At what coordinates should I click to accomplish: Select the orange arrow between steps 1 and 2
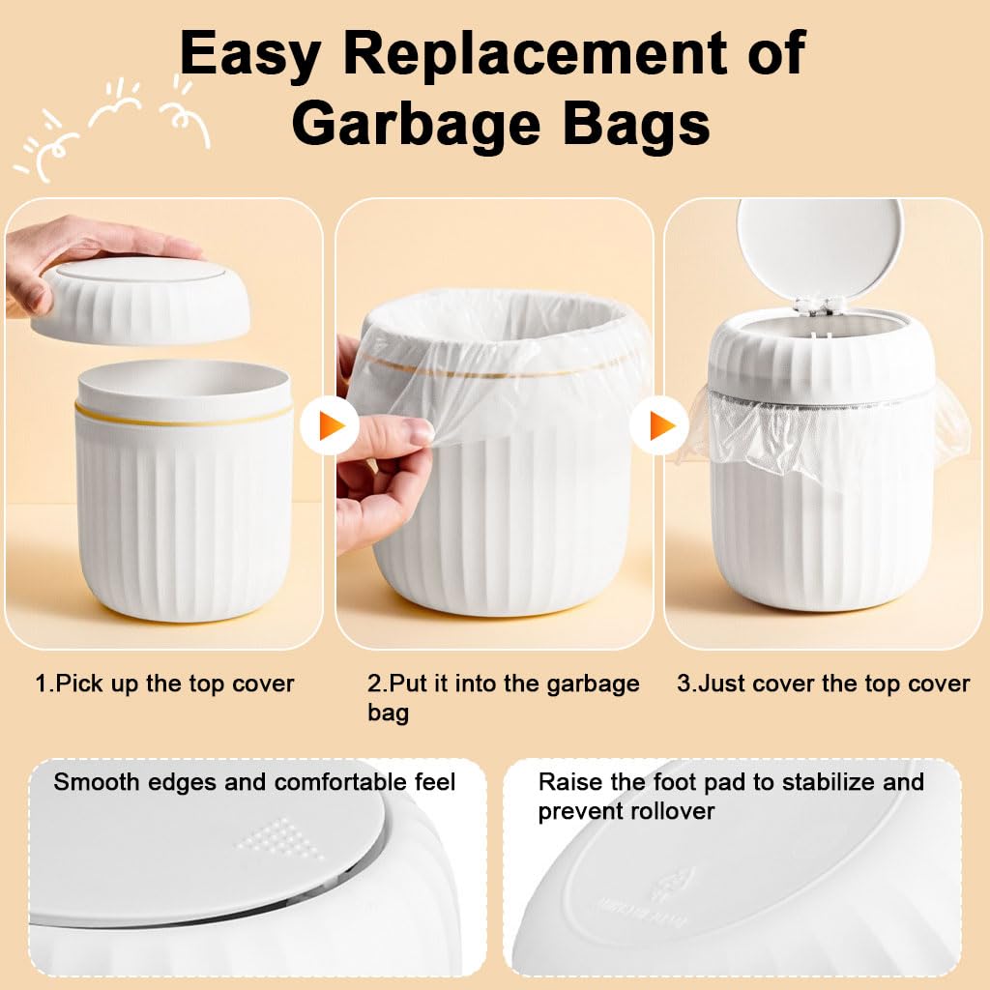[330, 425]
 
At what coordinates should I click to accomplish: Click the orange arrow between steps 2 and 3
[660, 425]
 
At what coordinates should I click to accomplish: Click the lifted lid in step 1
[140, 298]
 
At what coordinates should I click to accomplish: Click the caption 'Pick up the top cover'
[165, 684]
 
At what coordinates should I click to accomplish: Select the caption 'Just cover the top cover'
[823, 684]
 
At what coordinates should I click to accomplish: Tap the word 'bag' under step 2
[388, 713]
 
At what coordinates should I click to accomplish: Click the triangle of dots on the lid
[282, 836]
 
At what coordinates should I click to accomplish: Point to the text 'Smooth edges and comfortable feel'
[254, 781]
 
